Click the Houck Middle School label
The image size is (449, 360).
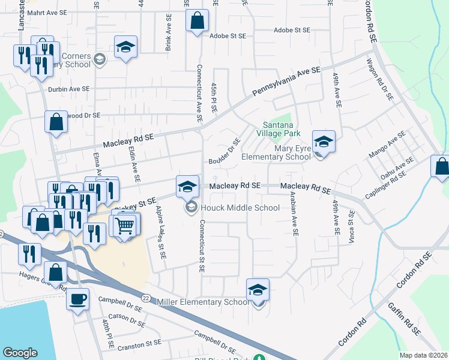pyautogui.click(x=240, y=208)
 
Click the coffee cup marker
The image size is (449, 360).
pyautogui.click(x=77, y=298)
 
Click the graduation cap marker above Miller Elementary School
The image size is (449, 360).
pyautogui.click(x=258, y=289)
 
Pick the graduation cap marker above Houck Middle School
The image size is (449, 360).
pyautogui.click(x=187, y=187)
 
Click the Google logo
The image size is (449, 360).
pyautogui.click(x=20, y=353)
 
